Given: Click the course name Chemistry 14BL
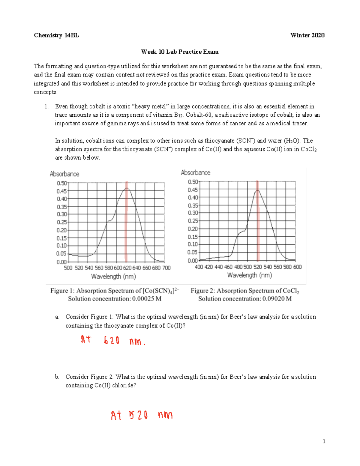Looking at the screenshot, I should [x=56, y=35].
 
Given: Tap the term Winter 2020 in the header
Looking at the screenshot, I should [x=307, y=35].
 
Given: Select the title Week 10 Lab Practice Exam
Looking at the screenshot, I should [x=180, y=52].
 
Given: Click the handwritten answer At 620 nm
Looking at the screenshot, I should [x=113, y=340].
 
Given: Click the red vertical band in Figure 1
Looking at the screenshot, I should [x=127, y=222].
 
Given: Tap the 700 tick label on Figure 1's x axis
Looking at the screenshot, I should [x=166, y=268].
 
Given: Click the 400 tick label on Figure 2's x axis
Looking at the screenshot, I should [x=199, y=267].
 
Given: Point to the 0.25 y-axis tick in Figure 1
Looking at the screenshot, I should [x=62, y=222].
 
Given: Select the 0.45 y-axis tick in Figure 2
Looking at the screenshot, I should [x=193, y=190].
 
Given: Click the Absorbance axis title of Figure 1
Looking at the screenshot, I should [x=64, y=174].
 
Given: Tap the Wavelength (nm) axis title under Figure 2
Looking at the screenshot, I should [x=250, y=275].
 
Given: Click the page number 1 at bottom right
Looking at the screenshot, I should [x=324, y=441].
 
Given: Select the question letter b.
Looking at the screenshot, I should [x=57, y=377].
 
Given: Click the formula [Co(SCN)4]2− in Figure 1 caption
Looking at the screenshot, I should [x=161, y=291].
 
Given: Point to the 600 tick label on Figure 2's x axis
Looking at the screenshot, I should [x=297, y=267].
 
